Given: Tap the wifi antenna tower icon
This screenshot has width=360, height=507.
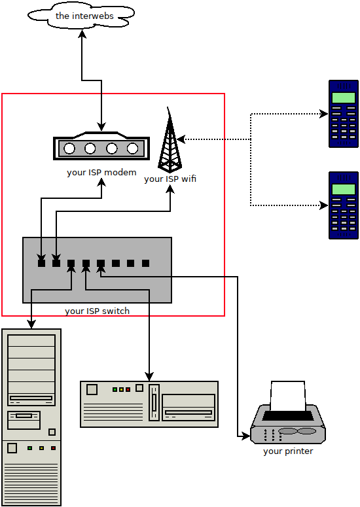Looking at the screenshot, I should [170, 141].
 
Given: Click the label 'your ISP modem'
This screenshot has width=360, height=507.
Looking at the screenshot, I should [101, 173].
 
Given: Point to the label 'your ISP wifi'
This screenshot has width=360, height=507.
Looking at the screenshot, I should [170, 179].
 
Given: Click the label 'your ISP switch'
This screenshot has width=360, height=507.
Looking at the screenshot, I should [97, 311].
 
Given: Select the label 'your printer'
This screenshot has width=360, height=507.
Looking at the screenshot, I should [288, 451].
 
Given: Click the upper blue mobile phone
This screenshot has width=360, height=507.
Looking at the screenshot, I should [344, 113].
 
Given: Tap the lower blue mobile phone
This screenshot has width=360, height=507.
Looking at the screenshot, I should [344, 205].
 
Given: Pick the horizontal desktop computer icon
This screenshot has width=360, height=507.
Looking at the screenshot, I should [149, 404].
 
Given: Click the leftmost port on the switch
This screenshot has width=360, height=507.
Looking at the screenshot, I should [41, 263].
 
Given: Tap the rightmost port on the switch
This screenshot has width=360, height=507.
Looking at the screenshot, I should [145, 263].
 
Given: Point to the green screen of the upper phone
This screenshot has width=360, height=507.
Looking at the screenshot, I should [344, 98].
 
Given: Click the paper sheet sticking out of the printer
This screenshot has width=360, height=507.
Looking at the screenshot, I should [288, 396].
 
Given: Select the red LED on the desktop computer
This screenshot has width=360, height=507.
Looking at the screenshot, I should [128, 389].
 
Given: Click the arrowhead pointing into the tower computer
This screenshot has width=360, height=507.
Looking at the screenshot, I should [31, 324].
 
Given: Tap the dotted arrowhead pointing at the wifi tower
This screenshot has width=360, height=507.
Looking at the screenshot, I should [181, 139].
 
